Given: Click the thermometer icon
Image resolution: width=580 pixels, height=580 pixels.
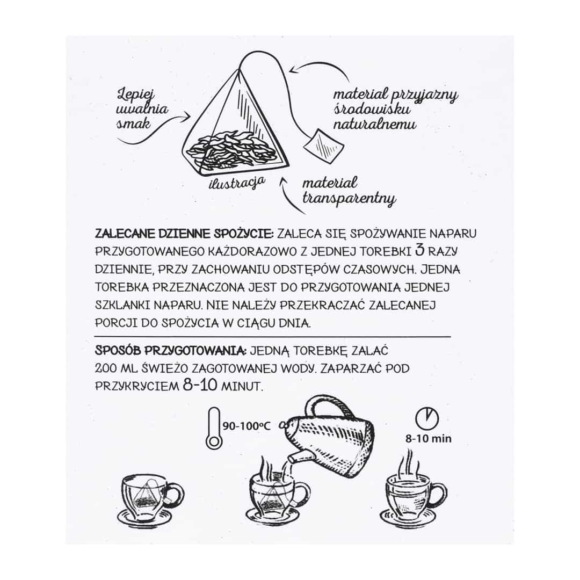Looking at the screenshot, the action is (x=214, y=429).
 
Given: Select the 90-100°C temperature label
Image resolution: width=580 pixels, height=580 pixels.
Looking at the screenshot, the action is (x=247, y=426).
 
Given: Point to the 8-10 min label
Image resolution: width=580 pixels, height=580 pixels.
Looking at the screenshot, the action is (x=429, y=439).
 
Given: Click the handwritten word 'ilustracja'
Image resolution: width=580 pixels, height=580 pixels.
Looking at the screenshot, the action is (x=237, y=184).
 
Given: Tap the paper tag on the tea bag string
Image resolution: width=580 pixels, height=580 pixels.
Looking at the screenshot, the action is (x=324, y=146).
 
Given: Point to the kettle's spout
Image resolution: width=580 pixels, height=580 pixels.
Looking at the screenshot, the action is (x=295, y=456).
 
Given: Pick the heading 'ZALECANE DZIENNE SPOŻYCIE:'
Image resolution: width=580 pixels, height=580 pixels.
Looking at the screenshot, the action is (x=184, y=234).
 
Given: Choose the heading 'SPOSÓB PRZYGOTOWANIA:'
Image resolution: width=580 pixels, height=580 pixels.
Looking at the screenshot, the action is (x=171, y=350).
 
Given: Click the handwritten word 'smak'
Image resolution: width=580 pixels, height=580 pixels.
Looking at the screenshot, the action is (x=134, y=123).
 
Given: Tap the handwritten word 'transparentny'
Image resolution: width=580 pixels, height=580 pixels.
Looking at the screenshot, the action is (x=349, y=199).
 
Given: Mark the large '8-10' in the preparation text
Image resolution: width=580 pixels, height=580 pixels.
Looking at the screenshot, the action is (x=200, y=386).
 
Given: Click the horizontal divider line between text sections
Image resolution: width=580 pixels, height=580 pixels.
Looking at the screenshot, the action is (x=273, y=337).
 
